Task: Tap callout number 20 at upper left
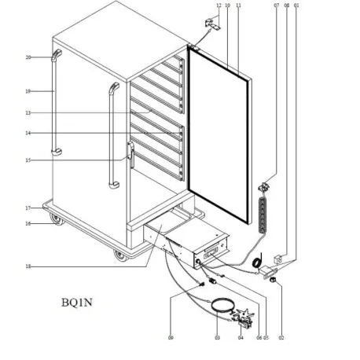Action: click(x=28, y=57)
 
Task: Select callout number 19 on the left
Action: click(x=28, y=91)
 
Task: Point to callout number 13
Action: click(x=28, y=112)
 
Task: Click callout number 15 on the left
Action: click(x=28, y=160)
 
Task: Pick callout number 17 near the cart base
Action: click(x=28, y=208)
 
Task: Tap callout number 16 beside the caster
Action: click(x=28, y=223)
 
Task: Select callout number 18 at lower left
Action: click(x=28, y=266)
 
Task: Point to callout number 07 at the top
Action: click(x=276, y=6)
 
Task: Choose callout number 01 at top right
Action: click(x=296, y=6)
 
